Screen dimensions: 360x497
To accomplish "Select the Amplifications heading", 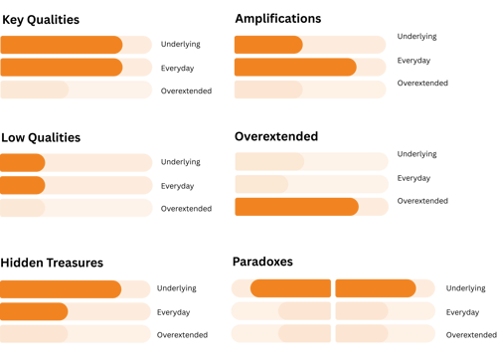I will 277,19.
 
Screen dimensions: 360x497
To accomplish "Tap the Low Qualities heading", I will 41,136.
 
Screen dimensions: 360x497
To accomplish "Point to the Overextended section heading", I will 276,136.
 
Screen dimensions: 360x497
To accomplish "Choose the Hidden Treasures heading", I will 53,263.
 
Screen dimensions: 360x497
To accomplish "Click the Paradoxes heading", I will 263,262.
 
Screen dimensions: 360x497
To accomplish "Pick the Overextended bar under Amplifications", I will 309,90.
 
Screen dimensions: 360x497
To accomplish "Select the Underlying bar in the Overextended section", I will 311,161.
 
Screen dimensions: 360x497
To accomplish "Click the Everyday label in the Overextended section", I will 414,178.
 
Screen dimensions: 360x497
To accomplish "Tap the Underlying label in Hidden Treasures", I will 175,287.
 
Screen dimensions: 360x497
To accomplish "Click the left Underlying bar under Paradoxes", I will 281,288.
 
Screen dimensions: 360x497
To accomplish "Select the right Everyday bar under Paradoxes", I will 386,311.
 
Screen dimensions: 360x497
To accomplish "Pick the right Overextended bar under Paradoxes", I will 386,334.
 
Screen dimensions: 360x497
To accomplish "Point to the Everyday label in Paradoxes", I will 462,311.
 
